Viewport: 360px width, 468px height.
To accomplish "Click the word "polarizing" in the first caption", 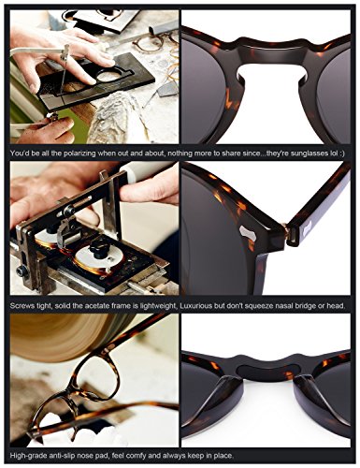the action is pos(80,154).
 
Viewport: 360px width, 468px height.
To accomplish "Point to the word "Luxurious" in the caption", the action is pos(196,306).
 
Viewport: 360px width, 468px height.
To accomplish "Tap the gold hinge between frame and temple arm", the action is pos(285,228).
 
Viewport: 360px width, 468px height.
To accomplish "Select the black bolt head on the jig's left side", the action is pos(22,272).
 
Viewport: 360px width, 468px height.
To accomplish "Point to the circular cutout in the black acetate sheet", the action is pos(109,76).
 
